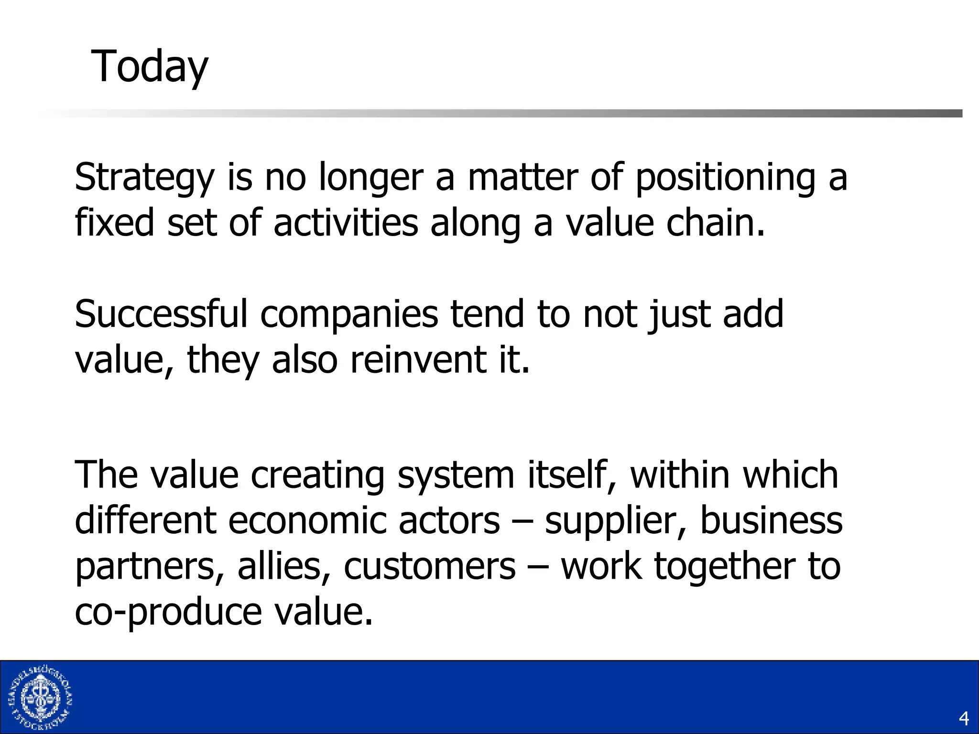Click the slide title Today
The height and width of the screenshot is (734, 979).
click(150, 67)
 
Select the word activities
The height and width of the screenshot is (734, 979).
click(346, 223)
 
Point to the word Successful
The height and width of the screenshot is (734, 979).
click(161, 314)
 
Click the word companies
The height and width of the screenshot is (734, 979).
click(349, 314)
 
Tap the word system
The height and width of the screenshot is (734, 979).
click(456, 475)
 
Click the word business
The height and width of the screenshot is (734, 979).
click(771, 520)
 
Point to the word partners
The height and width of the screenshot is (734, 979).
click(150, 566)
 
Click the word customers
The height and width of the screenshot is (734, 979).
click(430, 566)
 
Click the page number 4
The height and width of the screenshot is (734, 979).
click(964, 718)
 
